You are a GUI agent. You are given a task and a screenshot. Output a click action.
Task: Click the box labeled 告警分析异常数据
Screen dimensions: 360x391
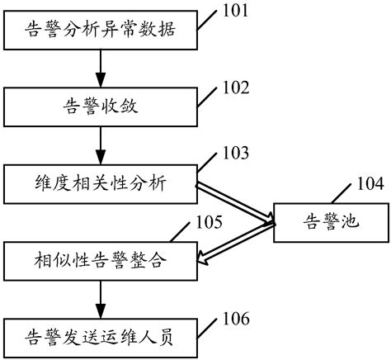pyautogui.click(x=101, y=34)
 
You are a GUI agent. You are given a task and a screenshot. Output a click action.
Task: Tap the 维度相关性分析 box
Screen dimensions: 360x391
pyautogui.click(x=101, y=182)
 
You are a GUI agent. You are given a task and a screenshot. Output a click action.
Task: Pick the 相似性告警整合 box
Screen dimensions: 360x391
pyautogui.click(x=101, y=262)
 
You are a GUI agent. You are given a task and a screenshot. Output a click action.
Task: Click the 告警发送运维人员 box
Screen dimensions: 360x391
pyautogui.click(x=101, y=336)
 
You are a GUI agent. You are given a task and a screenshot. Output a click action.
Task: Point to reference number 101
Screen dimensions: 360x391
pyautogui.click(x=238, y=12)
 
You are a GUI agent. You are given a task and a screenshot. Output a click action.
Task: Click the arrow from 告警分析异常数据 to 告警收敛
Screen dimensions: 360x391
pyautogui.click(x=101, y=69)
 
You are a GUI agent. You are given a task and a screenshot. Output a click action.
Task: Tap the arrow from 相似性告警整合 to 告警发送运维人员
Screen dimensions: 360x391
pyautogui.click(x=101, y=298)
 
